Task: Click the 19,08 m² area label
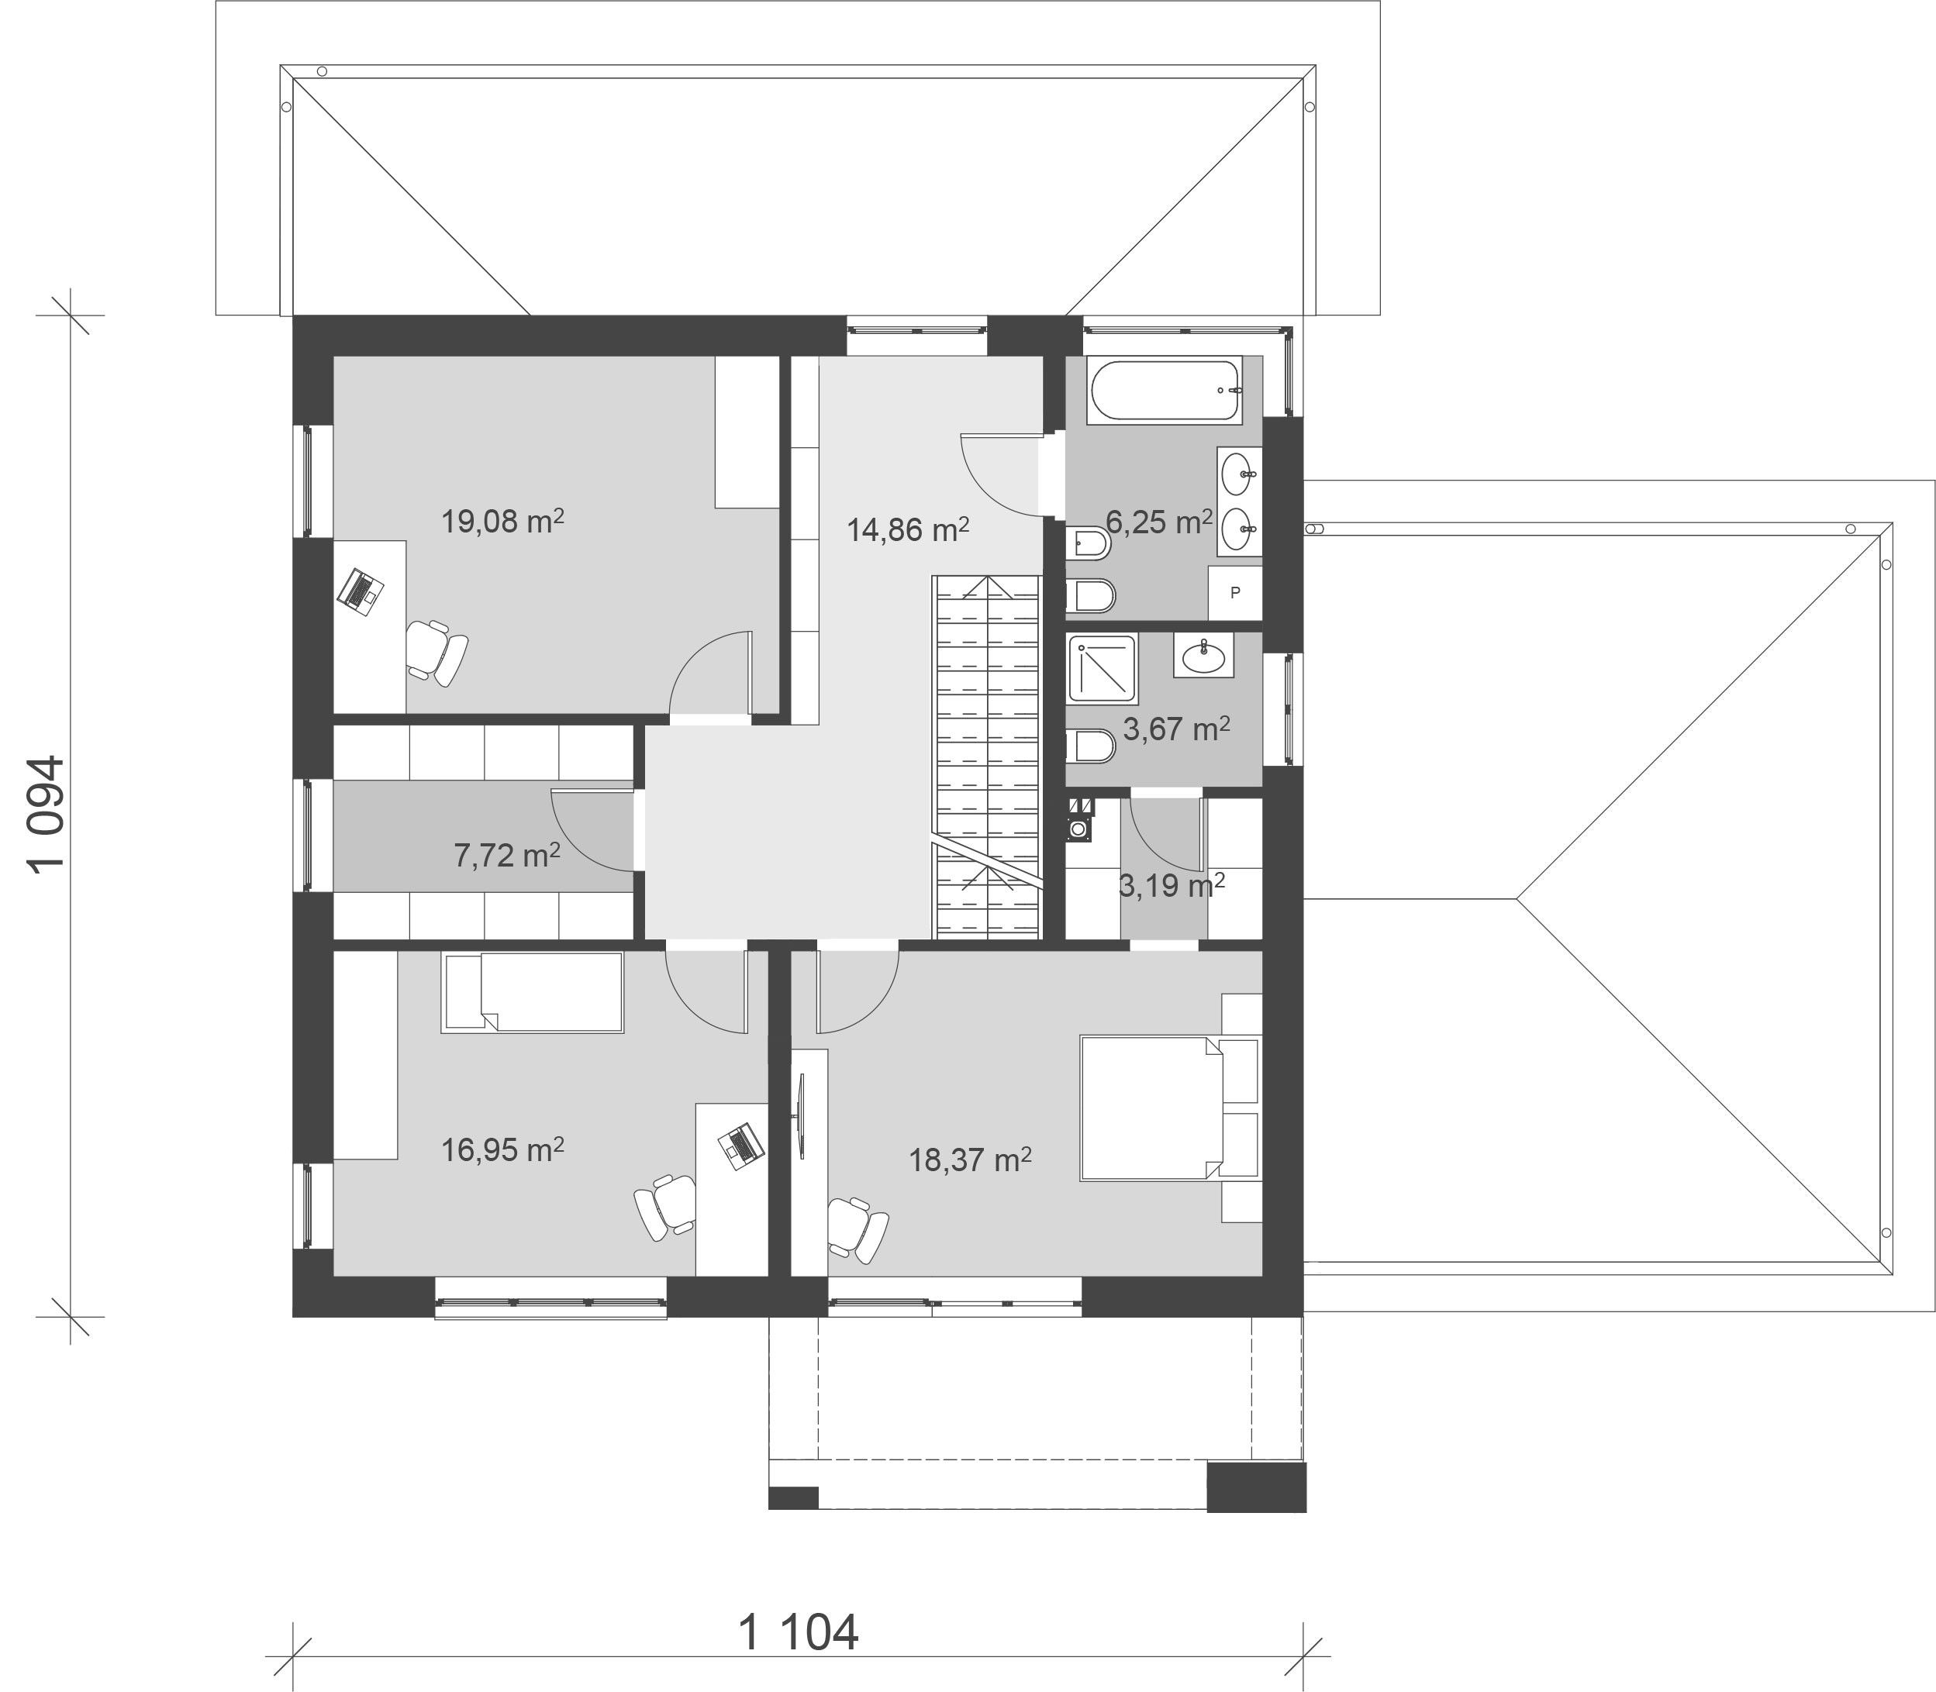[x=502, y=520]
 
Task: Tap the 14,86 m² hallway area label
[x=908, y=529]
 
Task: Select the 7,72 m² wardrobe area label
[x=507, y=854]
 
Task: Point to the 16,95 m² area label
[x=502, y=1149]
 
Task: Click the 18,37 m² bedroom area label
[x=970, y=1159]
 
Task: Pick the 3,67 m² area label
[x=1175, y=728]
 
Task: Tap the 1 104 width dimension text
[x=798, y=1632]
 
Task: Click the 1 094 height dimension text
[x=47, y=815]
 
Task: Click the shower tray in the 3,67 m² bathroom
[x=1102, y=668]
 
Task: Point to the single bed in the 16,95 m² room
[x=533, y=991]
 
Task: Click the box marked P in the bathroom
[x=1235, y=593]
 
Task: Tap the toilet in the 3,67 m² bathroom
[x=1091, y=746]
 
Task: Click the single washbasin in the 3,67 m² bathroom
[x=1203, y=654]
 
